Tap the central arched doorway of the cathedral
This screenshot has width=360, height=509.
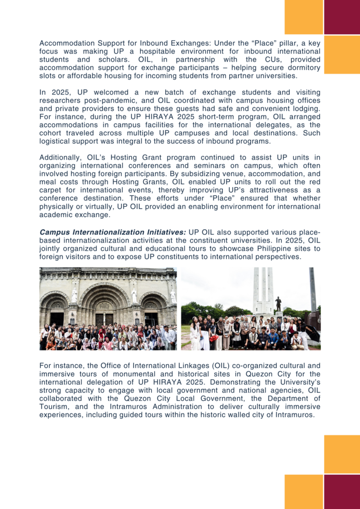tap(107, 312)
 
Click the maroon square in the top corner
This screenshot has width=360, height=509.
tap(342, 17)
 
